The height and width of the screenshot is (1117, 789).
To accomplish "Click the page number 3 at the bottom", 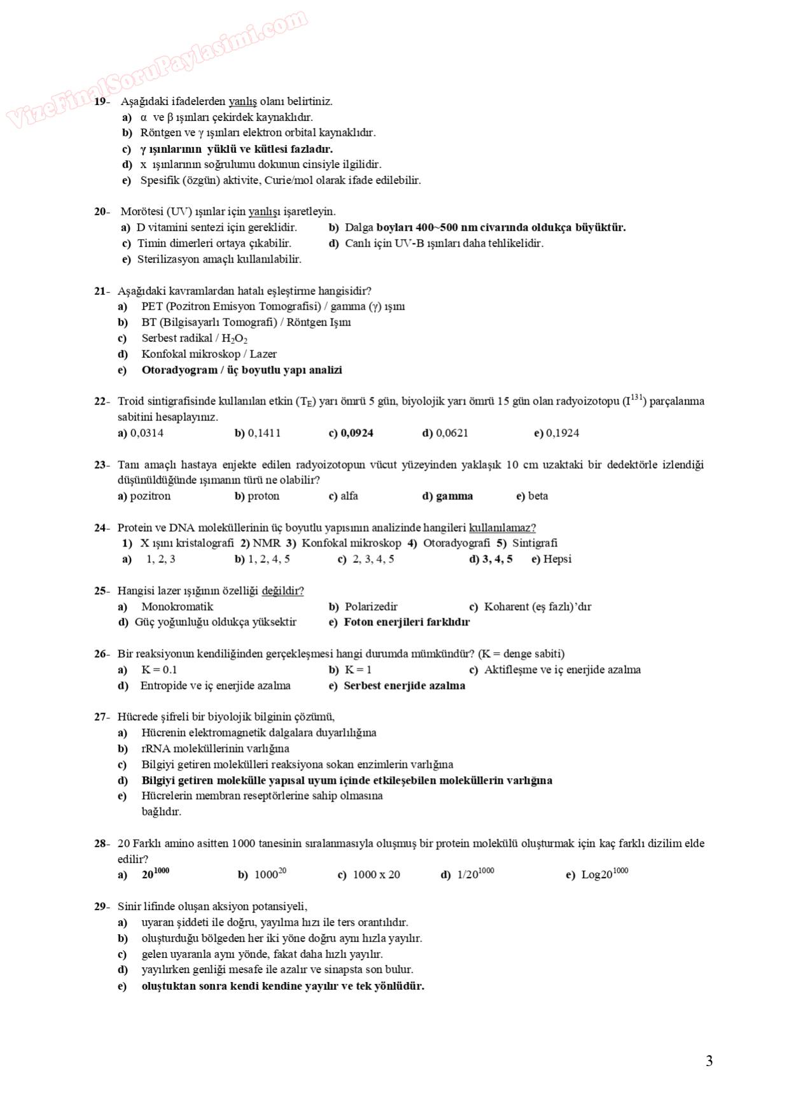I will pos(709,1061).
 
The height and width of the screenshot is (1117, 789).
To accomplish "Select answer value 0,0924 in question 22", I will pos(357,433).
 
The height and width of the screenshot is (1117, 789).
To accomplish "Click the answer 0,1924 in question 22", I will pos(562,433).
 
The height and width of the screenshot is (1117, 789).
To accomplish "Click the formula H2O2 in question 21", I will pos(234,339).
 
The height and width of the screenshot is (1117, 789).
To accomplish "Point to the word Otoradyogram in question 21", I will pos(179,370).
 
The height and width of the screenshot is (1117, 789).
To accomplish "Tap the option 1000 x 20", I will pos(376,875).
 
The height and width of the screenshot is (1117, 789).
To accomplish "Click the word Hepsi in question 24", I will pos(557,559).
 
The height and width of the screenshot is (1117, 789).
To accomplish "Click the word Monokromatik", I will pos(177,607).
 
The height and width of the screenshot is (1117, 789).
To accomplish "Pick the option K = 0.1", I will pos(159,670).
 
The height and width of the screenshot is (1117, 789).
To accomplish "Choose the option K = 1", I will pos(358,670).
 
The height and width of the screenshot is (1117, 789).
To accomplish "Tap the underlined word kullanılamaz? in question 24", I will pos(502,528).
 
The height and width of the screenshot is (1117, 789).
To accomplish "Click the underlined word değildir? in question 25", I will pos(283,591).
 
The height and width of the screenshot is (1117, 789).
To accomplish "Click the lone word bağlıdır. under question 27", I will pos(161,812).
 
